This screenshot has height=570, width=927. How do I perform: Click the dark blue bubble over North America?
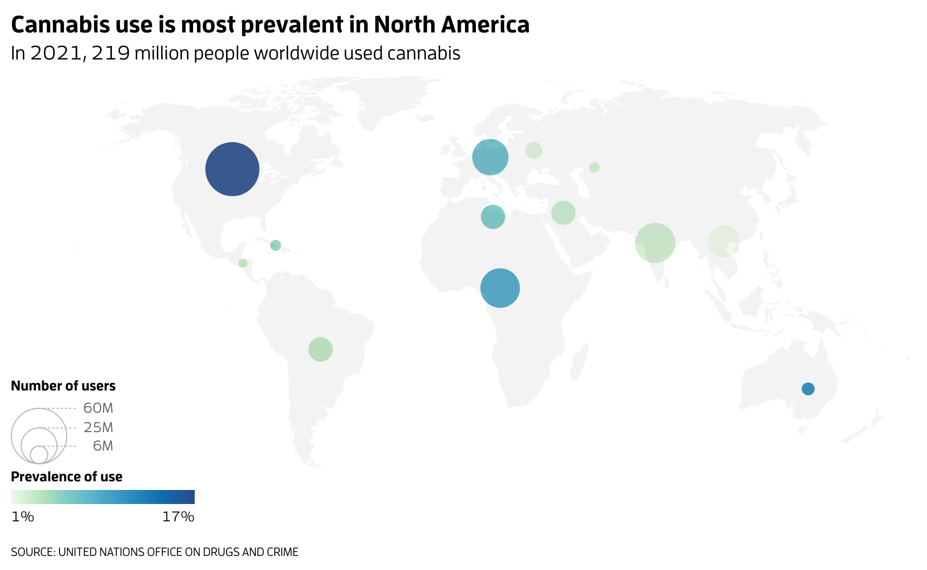point(232,169)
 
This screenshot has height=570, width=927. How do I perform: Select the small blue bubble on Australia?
point(807,389)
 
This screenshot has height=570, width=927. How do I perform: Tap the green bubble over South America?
point(320,349)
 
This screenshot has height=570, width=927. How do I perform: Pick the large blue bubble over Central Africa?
point(500,288)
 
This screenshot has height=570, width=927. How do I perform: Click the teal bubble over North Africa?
point(493,217)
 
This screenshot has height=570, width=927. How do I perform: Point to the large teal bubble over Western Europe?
point(490,157)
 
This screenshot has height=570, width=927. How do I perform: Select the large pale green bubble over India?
point(655,243)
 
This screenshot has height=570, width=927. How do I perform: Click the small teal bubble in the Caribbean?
point(275,246)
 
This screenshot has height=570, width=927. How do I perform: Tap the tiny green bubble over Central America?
point(243,263)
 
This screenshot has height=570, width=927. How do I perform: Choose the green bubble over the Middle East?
point(563,213)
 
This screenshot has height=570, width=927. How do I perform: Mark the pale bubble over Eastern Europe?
point(533,150)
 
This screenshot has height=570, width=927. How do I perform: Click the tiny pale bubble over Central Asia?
point(594,168)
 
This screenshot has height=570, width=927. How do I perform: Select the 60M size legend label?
point(98,408)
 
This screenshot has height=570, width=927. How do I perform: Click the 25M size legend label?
point(98,428)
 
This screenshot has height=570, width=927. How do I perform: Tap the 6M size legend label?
point(103,446)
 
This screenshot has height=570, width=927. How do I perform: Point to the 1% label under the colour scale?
point(23,517)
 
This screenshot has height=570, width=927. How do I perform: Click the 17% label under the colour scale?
point(178,517)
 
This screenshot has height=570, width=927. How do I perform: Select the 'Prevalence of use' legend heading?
point(67,476)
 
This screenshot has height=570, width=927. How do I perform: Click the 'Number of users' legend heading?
point(63,386)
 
